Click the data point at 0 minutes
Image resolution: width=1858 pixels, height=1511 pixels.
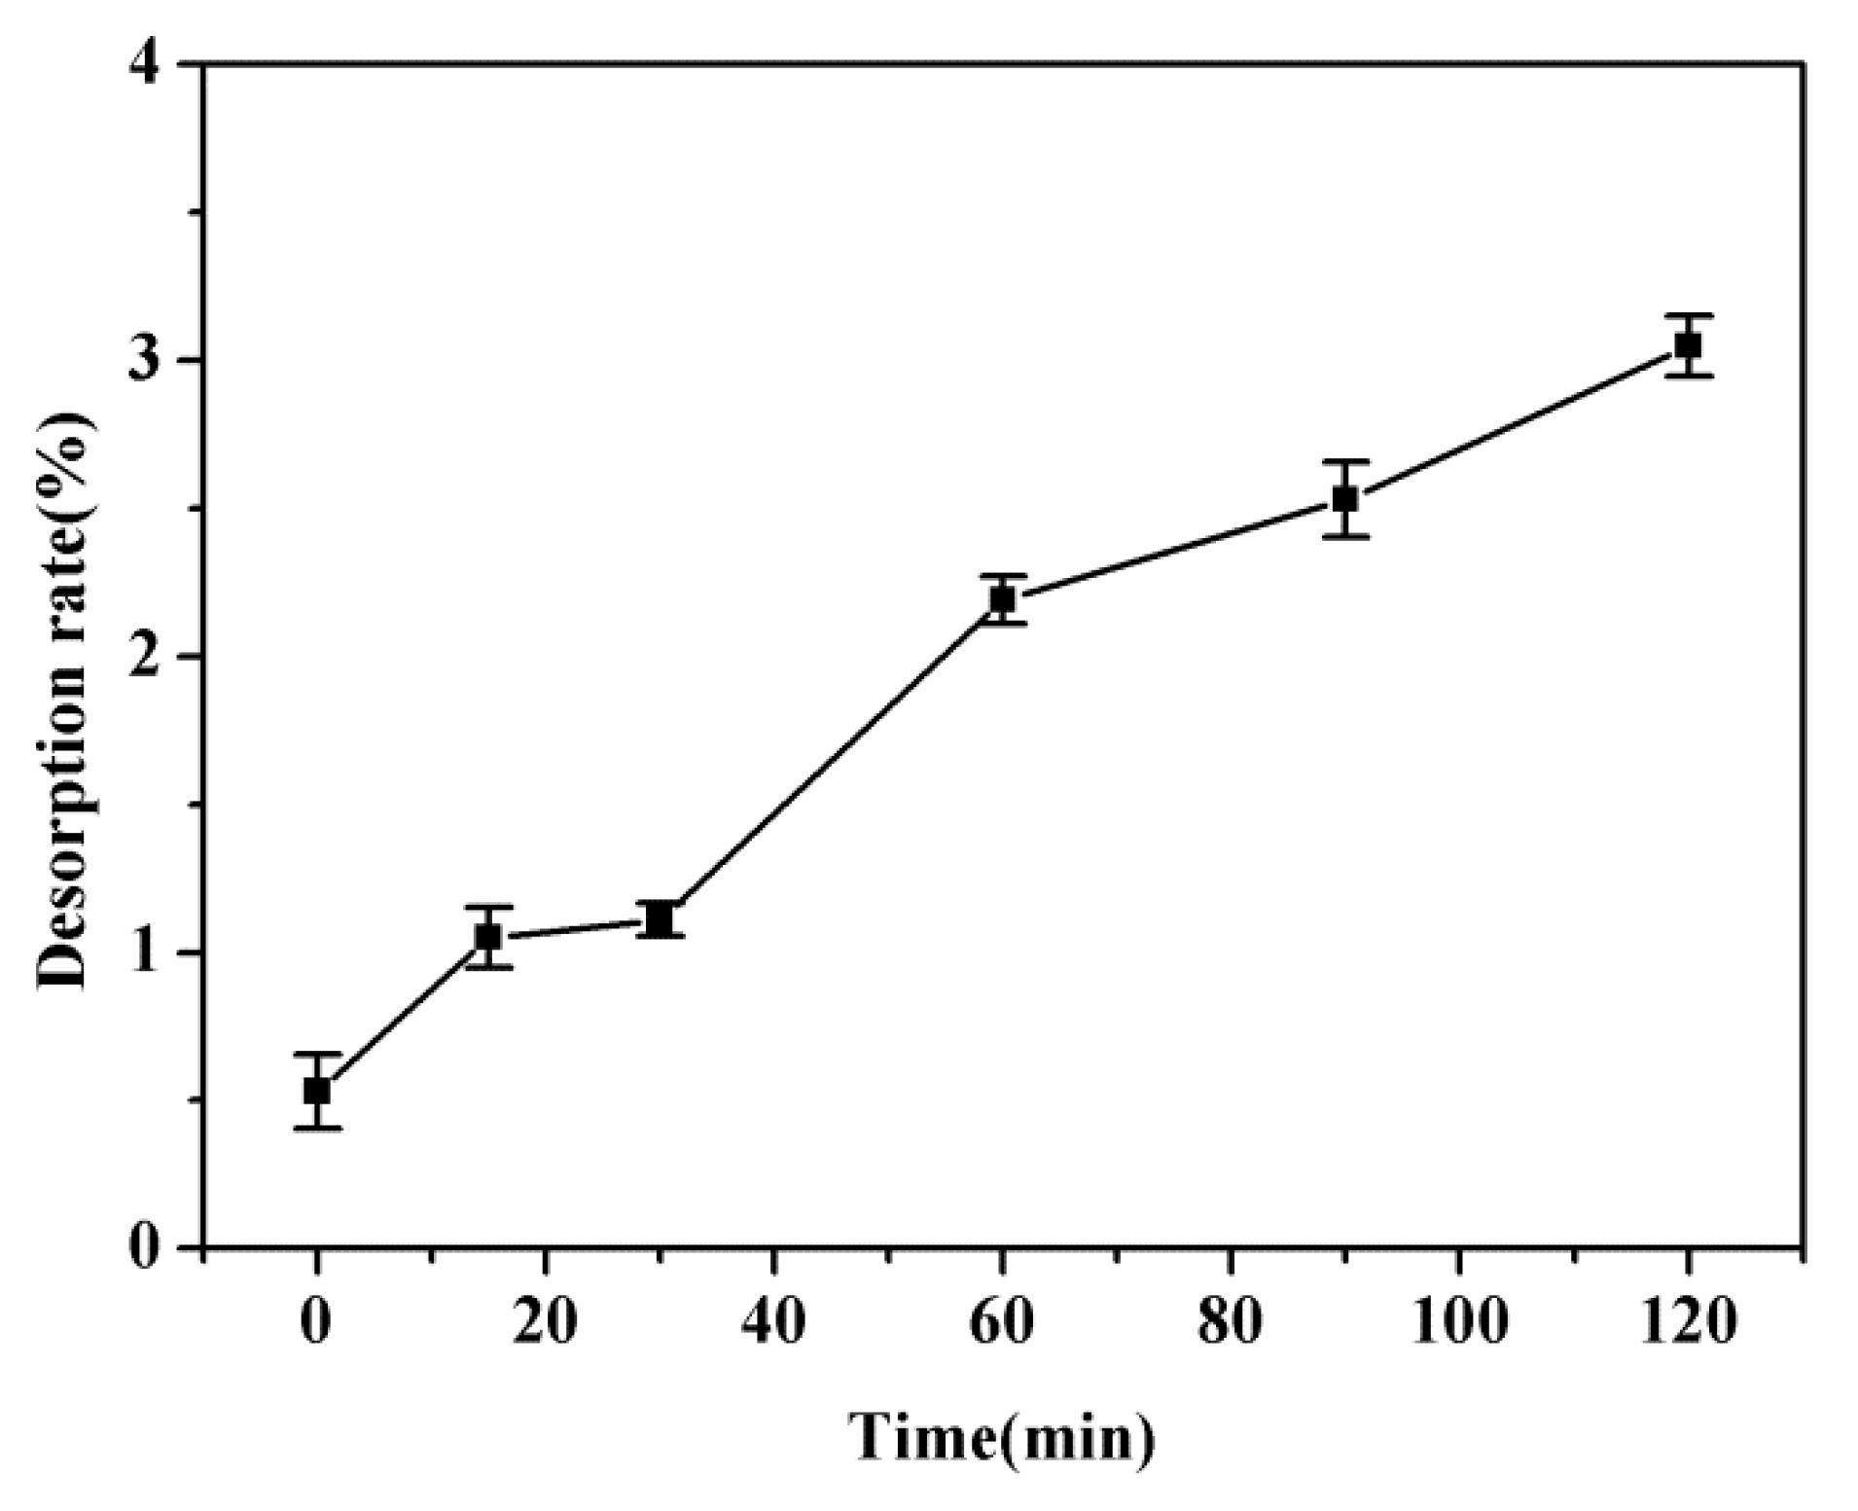point(316,1091)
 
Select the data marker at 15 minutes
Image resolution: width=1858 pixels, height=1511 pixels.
point(487,937)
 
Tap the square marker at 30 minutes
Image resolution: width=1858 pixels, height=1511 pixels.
point(660,919)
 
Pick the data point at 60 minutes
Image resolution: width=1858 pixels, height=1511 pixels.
point(1002,599)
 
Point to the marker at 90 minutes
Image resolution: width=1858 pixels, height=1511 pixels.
point(1345,498)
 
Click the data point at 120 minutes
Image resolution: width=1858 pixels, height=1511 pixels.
point(1688,345)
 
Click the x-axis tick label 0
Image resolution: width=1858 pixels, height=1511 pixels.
point(316,1323)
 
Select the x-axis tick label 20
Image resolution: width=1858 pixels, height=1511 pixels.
point(545,1323)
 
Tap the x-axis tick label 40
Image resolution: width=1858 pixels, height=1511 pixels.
point(773,1323)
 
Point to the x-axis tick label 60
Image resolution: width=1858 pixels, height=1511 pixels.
point(1002,1323)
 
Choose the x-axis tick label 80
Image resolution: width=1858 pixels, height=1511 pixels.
point(1231,1323)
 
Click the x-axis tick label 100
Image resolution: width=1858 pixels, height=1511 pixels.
point(1459,1323)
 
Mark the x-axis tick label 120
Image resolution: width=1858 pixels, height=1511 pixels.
point(1688,1323)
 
